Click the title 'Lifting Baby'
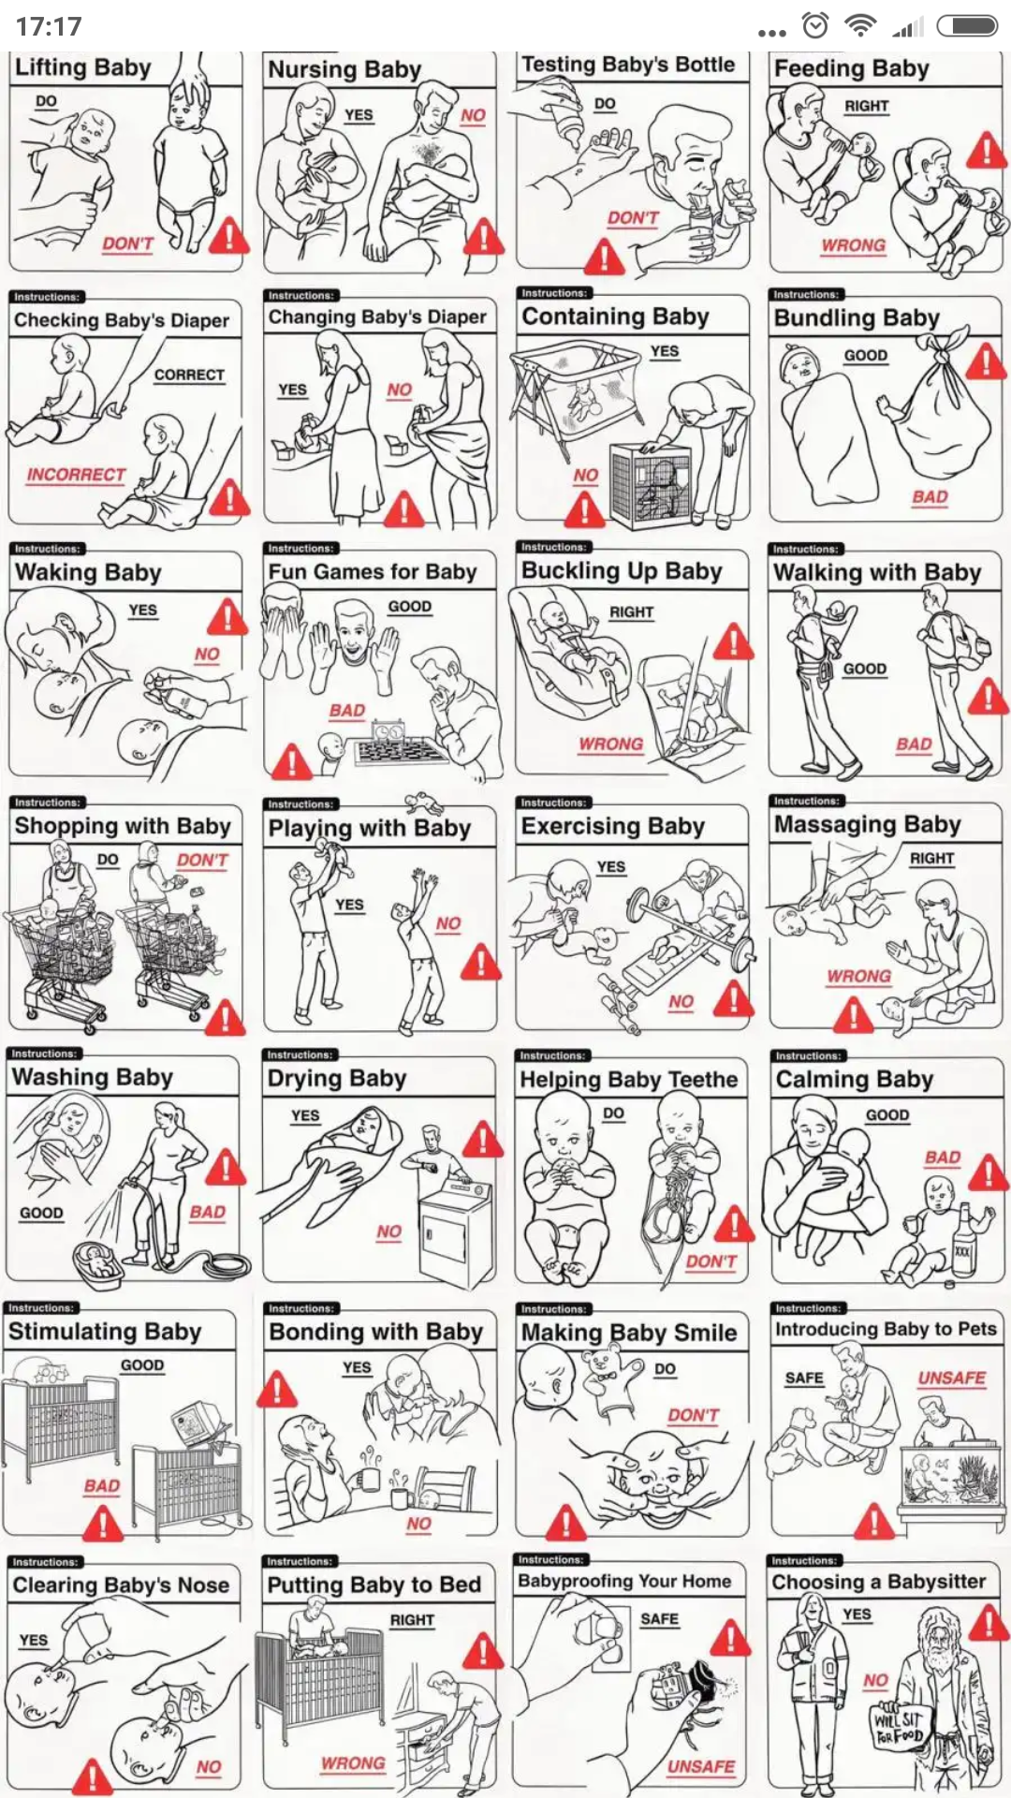tap(82, 67)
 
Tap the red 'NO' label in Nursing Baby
tap(473, 115)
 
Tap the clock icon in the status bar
tap(816, 26)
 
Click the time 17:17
tap(49, 26)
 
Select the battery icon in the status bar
tap(968, 26)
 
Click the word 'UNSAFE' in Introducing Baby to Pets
tap(951, 1378)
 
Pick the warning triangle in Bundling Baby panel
tap(987, 361)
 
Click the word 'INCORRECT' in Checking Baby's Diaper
tap(76, 475)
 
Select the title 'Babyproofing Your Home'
tap(624, 1581)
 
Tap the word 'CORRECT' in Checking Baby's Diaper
tap(189, 375)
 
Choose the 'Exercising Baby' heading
tap(613, 826)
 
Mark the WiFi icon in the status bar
tap(860, 26)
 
